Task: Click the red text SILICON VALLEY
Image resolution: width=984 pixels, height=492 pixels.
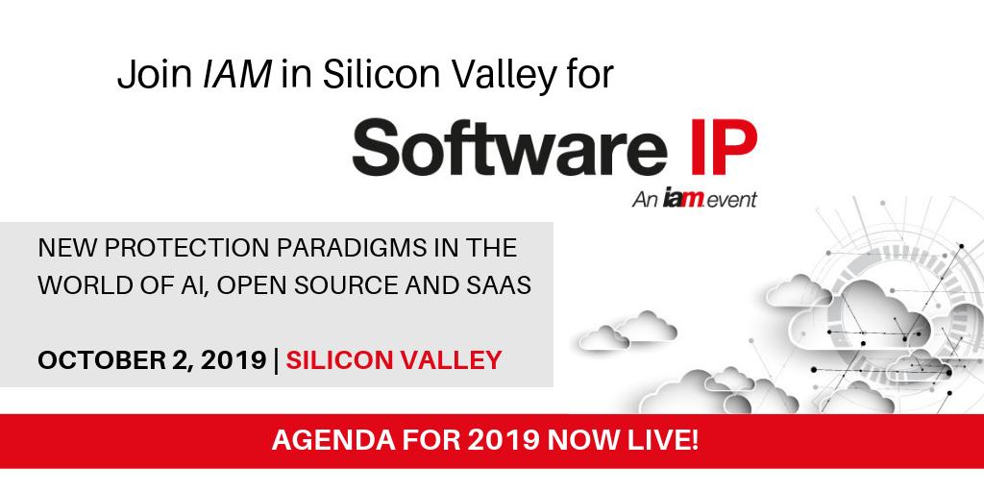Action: (394, 360)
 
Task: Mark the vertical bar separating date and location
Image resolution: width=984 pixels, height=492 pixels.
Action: (276, 360)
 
